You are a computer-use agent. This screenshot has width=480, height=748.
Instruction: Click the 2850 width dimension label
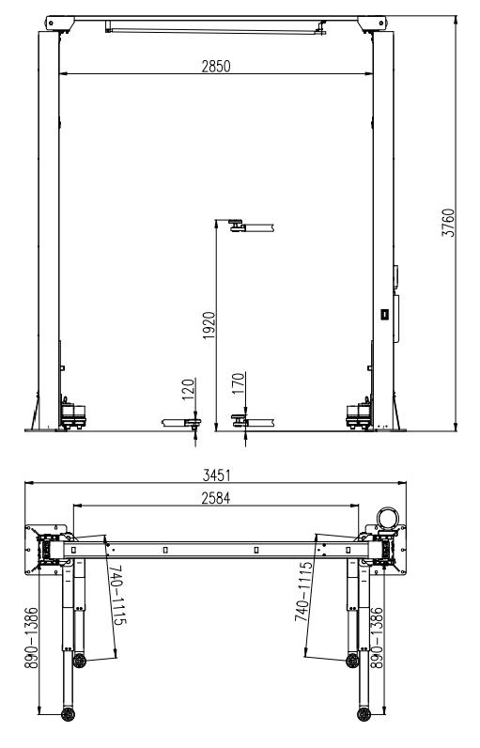215,67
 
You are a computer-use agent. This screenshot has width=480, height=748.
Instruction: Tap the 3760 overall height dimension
449,223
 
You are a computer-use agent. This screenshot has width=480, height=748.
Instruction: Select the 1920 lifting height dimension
209,325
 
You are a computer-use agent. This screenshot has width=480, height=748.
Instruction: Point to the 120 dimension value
188,389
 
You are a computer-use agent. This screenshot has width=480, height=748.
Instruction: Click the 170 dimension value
238,383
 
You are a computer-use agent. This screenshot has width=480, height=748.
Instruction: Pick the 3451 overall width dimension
216,475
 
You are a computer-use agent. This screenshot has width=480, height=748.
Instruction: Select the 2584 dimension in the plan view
215,498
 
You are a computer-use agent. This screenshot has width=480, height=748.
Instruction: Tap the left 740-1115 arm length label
117,595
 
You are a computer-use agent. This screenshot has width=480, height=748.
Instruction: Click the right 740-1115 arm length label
303,591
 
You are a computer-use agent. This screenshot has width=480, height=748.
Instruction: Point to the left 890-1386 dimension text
31,637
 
